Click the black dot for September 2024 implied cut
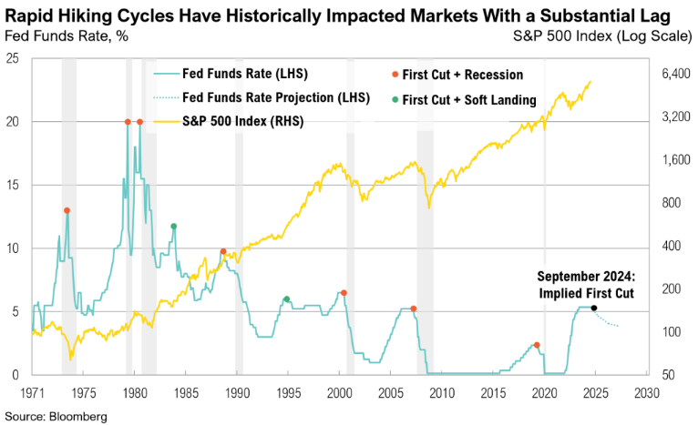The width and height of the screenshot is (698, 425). point(594,308)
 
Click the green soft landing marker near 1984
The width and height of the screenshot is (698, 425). point(173,226)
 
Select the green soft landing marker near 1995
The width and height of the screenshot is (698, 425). point(286,299)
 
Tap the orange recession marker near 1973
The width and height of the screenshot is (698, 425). point(67,210)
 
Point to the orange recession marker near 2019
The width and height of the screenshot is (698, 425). point(537,345)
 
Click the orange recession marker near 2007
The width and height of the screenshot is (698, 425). point(414,309)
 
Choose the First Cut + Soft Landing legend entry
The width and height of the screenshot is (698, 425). point(467,99)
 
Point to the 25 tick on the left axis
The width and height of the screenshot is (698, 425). point(13,58)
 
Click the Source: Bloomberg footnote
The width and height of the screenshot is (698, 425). point(55,416)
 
